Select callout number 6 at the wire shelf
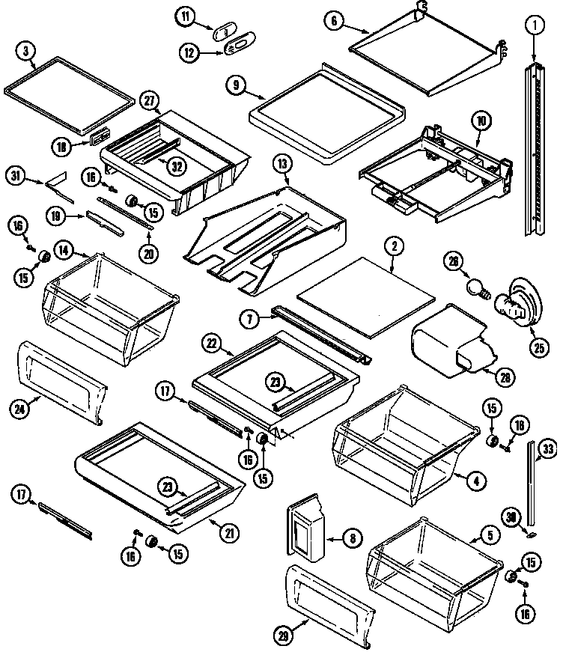click(335, 21)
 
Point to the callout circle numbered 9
click(237, 86)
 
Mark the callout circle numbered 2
click(392, 245)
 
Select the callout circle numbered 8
click(350, 537)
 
